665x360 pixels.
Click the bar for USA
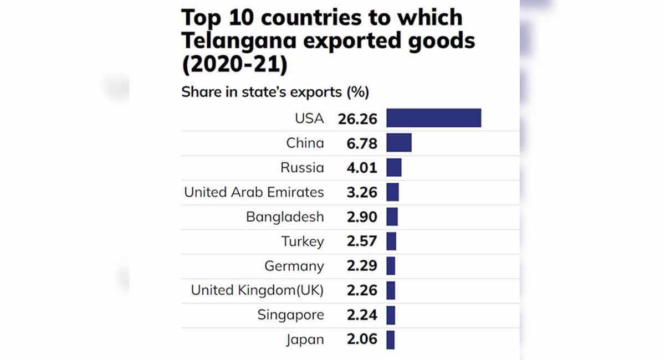(x=433, y=118)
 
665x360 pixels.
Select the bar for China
(x=398, y=143)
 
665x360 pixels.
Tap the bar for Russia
(x=393, y=167)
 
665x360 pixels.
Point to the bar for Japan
(x=390, y=340)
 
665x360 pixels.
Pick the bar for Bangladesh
(x=392, y=217)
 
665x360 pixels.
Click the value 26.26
(x=357, y=119)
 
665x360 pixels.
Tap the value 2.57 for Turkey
(x=362, y=241)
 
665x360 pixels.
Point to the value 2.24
(x=362, y=315)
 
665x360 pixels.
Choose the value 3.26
(x=362, y=192)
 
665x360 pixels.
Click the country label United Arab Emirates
(x=254, y=192)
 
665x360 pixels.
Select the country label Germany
(x=294, y=266)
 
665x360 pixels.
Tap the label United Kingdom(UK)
(x=257, y=290)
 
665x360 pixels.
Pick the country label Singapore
(x=290, y=315)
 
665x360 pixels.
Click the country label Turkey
(x=302, y=241)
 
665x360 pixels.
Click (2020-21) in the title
(x=234, y=65)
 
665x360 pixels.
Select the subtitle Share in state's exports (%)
(x=275, y=92)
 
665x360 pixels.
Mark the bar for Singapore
(x=391, y=315)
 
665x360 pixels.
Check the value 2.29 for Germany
(x=362, y=266)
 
